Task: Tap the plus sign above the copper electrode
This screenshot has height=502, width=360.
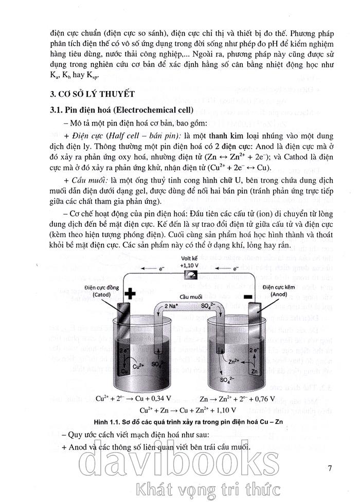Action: point(130,294)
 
